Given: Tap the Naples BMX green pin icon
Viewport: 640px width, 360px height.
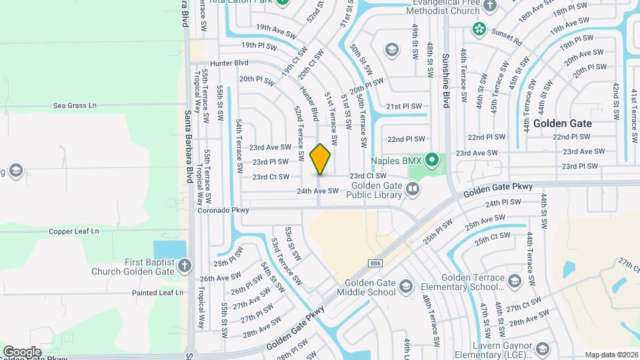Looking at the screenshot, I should point(432,160).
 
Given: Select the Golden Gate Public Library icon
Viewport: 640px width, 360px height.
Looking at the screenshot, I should point(413,190).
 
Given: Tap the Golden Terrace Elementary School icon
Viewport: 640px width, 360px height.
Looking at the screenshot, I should point(513,281).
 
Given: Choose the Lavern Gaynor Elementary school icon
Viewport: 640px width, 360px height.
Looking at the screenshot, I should point(543,349).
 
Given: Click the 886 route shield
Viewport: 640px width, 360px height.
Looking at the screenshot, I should point(376,262).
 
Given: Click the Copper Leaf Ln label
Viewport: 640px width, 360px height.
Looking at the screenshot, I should point(73,231).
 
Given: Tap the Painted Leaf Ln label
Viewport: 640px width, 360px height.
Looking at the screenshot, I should point(157,292).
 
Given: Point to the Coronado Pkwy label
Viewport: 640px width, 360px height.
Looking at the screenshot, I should point(223,210).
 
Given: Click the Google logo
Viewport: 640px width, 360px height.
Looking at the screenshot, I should point(22,351).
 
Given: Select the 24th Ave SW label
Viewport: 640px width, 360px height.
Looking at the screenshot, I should point(318,191).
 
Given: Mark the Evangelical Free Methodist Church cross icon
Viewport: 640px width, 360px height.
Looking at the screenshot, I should point(490,6).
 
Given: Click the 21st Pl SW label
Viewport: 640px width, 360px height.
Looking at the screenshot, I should point(404,106).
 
